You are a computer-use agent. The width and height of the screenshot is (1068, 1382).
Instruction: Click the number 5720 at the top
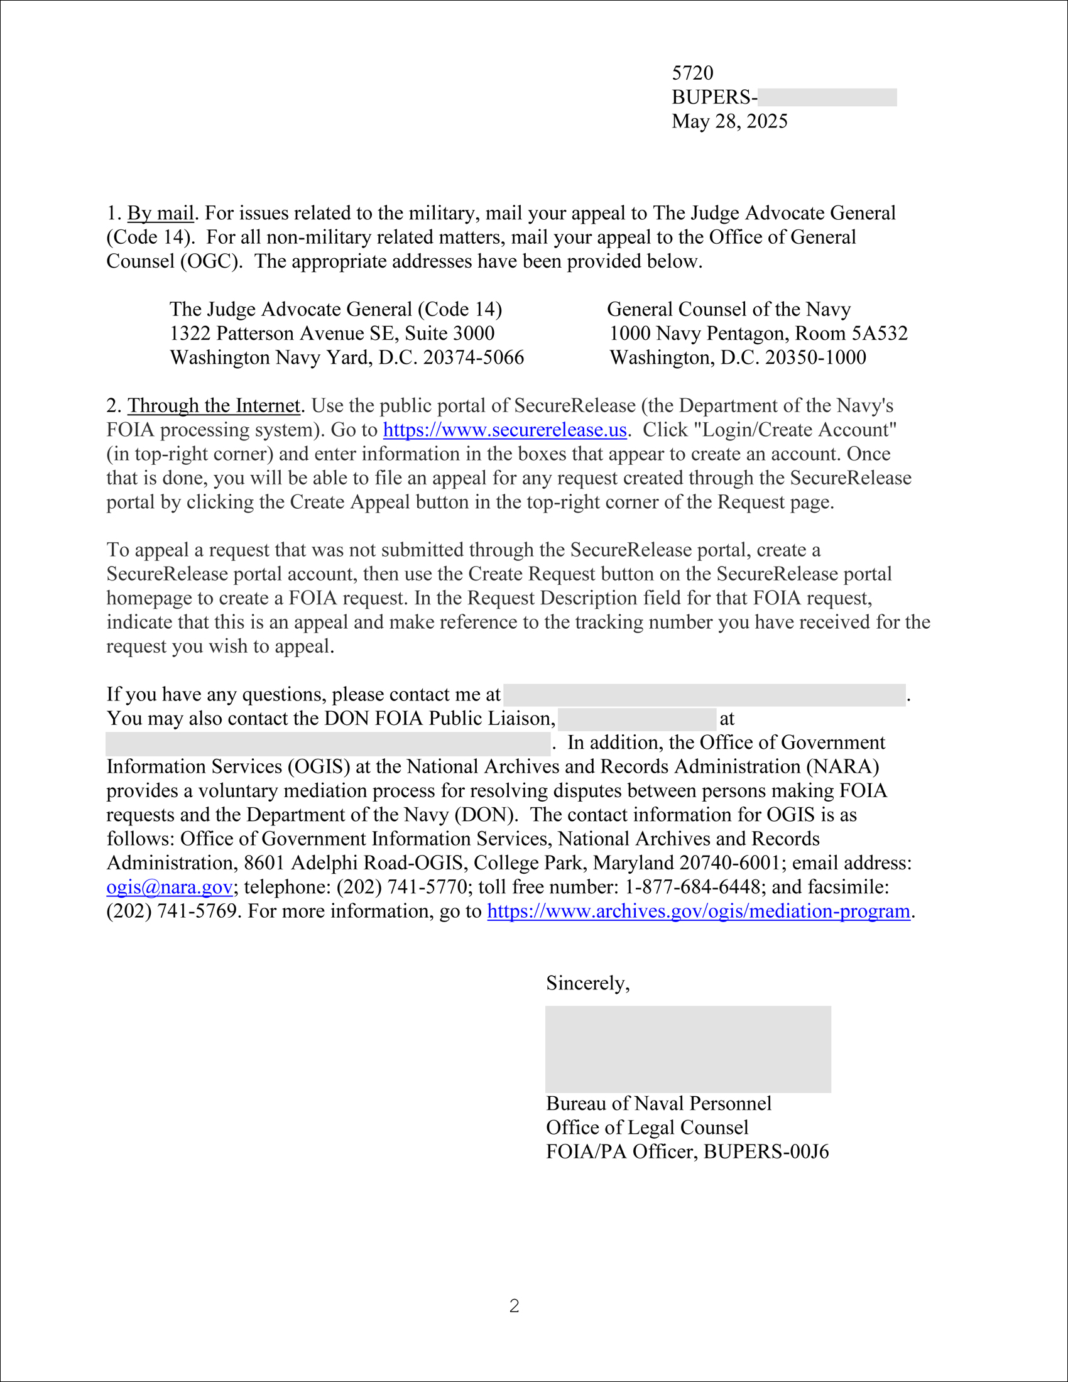(692, 73)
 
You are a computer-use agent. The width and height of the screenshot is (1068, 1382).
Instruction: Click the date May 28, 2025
(729, 121)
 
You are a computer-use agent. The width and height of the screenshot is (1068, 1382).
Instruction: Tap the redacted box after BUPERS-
(826, 97)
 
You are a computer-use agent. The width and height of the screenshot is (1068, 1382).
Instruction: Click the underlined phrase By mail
(161, 213)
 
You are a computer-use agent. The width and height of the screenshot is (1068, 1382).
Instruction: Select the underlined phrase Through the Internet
(214, 406)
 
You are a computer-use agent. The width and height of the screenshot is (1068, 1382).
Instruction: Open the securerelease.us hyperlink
(504, 430)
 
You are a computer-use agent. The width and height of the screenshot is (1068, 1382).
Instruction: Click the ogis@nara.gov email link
(169, 887)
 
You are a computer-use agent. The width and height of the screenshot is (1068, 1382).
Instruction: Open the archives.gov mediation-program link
(698, 911)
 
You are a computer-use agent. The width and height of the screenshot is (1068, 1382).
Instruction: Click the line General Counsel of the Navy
(728, 310)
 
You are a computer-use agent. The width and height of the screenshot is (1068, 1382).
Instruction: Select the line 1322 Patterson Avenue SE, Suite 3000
(332, 334)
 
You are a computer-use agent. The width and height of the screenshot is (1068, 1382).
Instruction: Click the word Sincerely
(587, 983)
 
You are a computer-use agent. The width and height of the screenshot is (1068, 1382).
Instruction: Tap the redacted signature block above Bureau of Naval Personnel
(688, 1048)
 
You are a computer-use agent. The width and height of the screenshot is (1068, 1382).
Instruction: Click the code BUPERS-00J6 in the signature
(766, 1151)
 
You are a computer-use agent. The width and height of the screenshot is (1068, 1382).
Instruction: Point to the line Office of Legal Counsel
(646, 1128)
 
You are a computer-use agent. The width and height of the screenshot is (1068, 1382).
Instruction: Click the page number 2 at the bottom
(514, 1306)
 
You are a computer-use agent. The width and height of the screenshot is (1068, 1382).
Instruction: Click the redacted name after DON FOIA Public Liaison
(636, 719)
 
